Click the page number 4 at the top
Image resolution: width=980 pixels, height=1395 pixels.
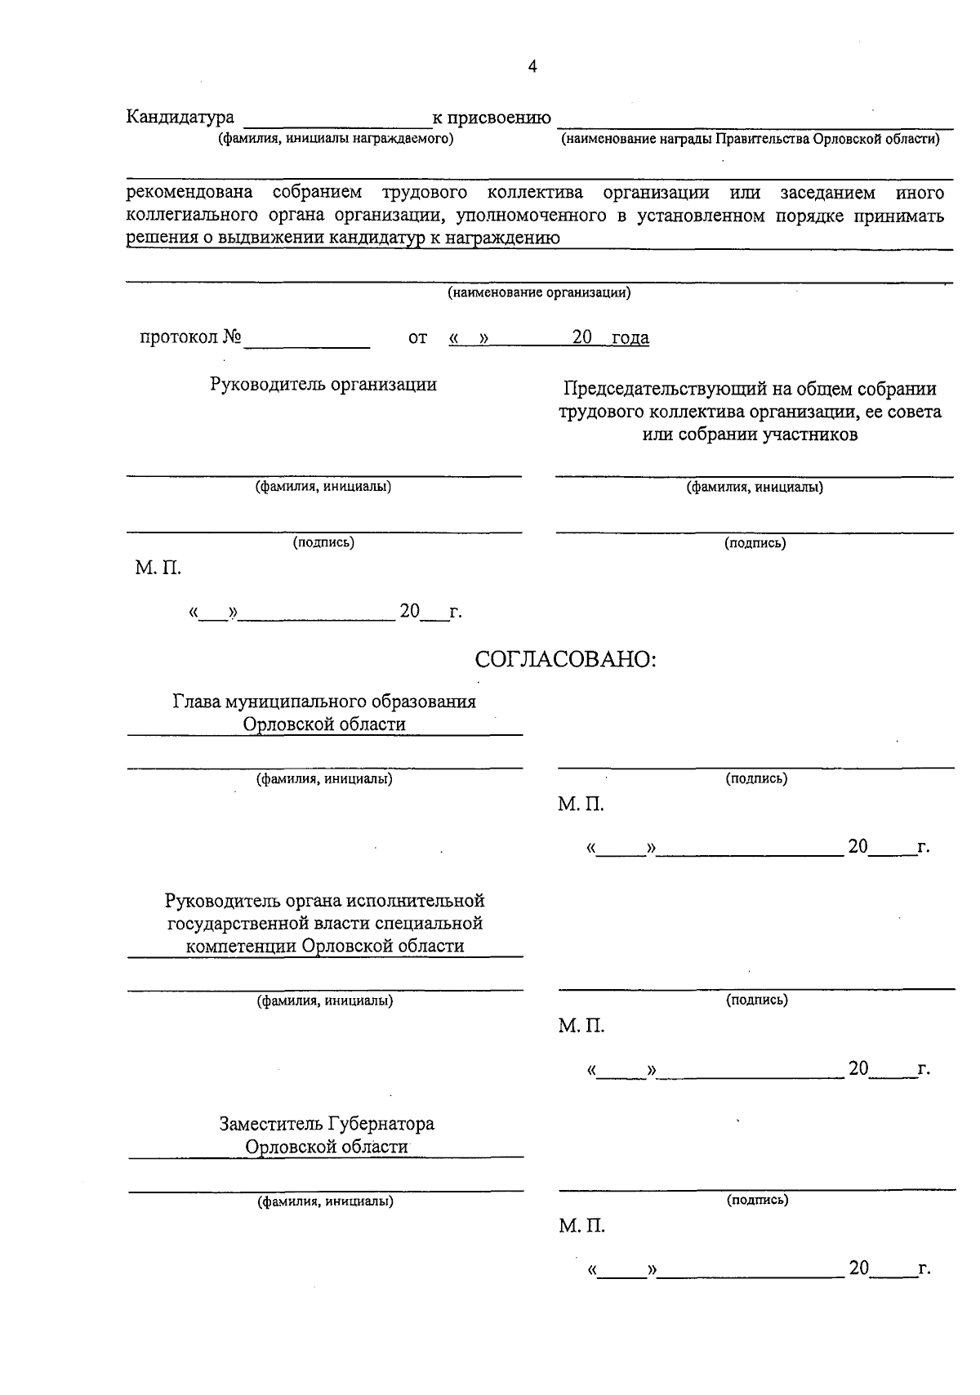[x=532, y=67]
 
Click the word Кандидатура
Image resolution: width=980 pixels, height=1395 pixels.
[x=180, y=118]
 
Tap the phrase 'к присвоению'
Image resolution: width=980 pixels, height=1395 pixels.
[x=492, y=118]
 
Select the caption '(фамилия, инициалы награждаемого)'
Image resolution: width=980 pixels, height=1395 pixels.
[x=335, y=139]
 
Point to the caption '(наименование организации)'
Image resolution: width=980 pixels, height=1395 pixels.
[x=539, y=292]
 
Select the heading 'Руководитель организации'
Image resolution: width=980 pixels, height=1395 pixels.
[x=323, y=384]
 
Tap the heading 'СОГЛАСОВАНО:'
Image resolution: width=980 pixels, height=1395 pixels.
[x=567, y=660]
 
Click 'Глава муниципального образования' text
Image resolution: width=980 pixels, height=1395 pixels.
[x=324, y=702]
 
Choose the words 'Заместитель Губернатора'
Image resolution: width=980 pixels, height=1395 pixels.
[x=327, y=1124]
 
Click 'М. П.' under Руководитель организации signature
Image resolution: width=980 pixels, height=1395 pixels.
[x=158, y=568]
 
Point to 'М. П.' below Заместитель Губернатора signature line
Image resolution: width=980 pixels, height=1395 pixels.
[x=581, y=1226]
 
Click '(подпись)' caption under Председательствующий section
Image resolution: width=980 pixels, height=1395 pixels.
[x=755, y=542]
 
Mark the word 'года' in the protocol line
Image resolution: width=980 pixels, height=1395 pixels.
[x=630, y=338]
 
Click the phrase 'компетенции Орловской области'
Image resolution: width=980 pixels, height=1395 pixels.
[x=325, y=946]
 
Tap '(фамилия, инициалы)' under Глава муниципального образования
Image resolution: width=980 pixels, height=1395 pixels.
[x=325, y=779]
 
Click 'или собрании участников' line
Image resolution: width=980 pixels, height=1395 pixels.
[x=750, y=435]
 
